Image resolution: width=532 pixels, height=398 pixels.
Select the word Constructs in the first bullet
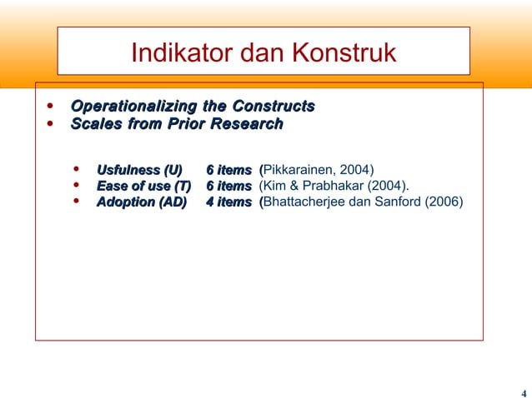pos(273,107)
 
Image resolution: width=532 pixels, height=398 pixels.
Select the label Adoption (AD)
pos(142,201)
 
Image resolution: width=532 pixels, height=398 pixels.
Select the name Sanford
pos(399,201)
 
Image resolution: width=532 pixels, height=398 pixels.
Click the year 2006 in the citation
pos(444,201)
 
